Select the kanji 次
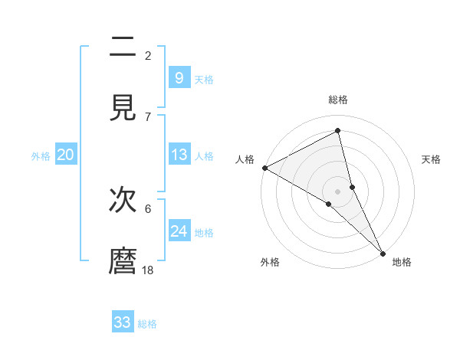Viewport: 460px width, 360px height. [123, 201]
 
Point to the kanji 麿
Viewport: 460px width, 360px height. [123, 261]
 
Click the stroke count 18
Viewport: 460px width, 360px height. [148, 270]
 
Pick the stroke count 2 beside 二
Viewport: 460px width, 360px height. [148, 55]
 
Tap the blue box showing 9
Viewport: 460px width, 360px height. [179, 78]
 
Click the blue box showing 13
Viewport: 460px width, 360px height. [179, 155]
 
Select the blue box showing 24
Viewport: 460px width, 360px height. [179, 231]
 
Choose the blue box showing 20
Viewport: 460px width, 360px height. [66, 155]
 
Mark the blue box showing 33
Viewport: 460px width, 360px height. [123, 322]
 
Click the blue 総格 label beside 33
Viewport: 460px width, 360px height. [147, 324]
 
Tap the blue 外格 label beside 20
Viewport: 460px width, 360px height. [41, 156]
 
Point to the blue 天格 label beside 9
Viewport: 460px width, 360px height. [204, 80]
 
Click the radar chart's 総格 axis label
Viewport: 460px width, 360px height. [338, 100]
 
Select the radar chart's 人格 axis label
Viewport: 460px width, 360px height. [245, 159]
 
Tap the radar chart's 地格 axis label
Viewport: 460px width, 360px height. [402, 262]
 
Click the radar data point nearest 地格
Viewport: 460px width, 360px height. [382, 251]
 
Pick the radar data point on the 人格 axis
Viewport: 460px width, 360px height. [264, 168]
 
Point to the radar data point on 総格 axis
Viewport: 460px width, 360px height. [338, 131]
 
